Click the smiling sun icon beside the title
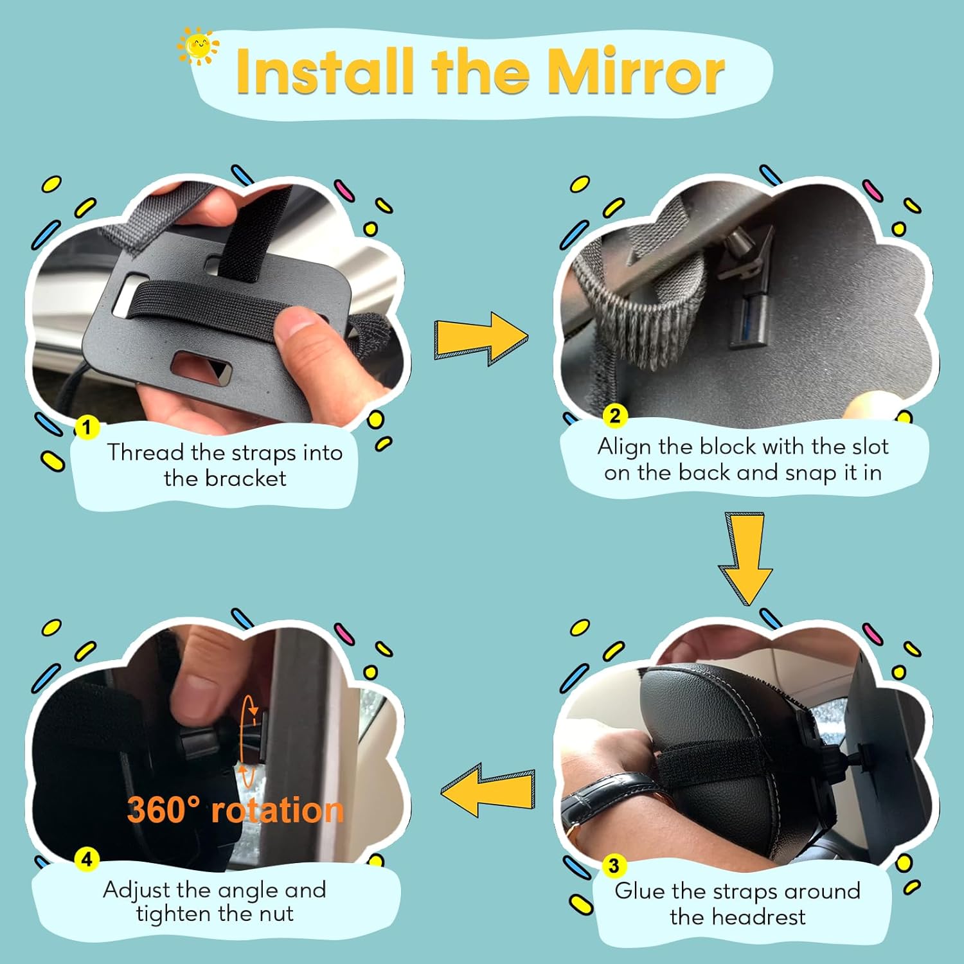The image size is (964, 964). [198, 46]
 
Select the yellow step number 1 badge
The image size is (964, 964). [87, 427]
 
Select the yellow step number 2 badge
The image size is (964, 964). [615, 416]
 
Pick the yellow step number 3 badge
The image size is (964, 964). [614, 866]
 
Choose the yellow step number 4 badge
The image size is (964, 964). [87, 859]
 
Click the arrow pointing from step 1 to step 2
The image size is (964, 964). [481, 338]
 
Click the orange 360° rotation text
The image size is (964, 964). [235, 810]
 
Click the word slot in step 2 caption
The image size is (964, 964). [870, 446]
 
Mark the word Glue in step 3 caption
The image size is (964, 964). [639, 891]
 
